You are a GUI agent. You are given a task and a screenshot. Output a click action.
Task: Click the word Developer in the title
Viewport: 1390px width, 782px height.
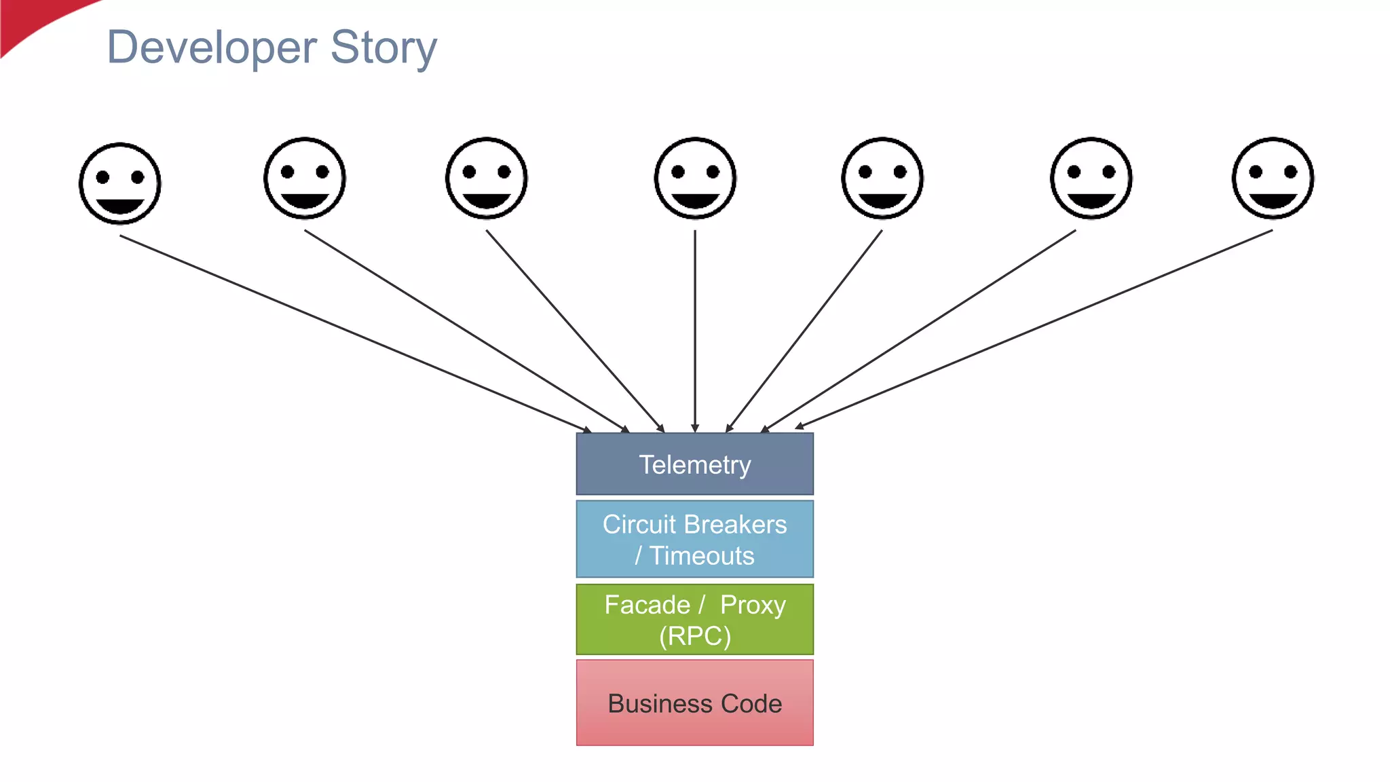pyautogui.click(x=212, y=48)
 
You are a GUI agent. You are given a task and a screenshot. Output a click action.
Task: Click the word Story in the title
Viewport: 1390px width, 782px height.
pyautogui.click(x=383, y=48)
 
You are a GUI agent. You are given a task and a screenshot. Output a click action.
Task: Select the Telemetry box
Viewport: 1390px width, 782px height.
pyautogui.click(x=694, y=464)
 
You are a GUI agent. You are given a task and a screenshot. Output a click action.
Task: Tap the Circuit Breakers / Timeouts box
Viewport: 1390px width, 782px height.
pyautogui.click(x=694, y=539)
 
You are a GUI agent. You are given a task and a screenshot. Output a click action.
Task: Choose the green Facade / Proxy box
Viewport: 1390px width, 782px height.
pyautogui.click(x=694, y=619)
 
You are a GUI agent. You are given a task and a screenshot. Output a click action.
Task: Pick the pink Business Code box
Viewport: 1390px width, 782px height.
pyautogui.click(x=694, y=703)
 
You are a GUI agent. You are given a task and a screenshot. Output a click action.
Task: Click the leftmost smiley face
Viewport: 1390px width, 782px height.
pyautogui.click(x=120, y=183)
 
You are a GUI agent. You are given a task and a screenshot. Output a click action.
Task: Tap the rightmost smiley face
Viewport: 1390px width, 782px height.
pyautogui.click(x=1273, y=178)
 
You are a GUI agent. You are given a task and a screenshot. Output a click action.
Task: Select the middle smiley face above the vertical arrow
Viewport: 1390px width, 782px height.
pyautogui.click(x=695, y=178)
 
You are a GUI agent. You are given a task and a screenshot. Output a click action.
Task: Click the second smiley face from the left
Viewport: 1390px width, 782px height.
pyautogui.click(x=305, y=178)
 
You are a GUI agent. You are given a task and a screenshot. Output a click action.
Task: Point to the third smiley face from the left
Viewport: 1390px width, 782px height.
pyautogui.click(x=487, y=178)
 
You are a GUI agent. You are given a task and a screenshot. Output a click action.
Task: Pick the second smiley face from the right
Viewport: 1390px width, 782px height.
pyautogui.click(x=1091, y=178)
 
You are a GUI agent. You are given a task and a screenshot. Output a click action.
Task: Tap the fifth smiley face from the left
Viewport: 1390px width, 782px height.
pyautogui.click(x=882, y=178)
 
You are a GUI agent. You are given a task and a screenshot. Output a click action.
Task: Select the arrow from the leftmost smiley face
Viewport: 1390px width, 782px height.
pyautogui.click(x=353, y=333)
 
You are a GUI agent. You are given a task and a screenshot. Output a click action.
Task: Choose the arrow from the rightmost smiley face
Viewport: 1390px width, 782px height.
pyautogui.click(x=1035, y=329)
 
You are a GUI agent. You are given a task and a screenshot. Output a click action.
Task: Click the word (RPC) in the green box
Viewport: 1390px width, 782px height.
pyautogui.click(x=694, y=636)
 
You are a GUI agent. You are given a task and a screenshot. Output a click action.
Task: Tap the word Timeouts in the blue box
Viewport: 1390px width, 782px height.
pyautogui.click(x=702, y=556)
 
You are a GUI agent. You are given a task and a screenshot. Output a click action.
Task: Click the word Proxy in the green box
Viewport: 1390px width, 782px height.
pyautogui.click(x=752, y=604)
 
